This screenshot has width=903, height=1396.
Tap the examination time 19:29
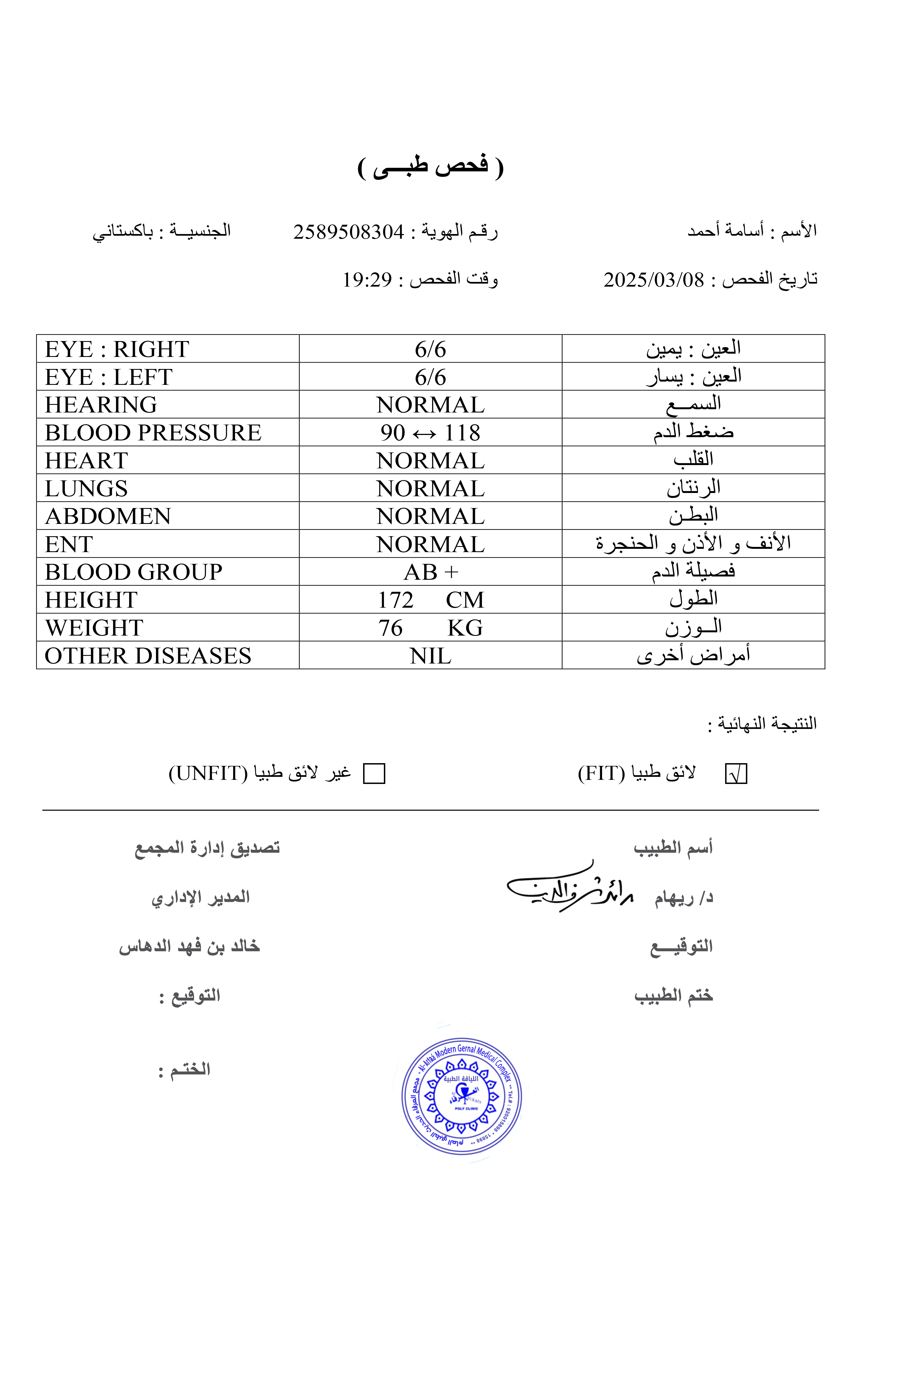tap(367, 280)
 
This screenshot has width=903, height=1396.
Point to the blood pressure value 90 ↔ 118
tap(430, 433)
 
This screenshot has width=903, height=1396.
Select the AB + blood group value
tap(430, 572)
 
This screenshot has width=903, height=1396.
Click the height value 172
tap(396, 600)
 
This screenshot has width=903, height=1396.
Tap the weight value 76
tap(390, 628)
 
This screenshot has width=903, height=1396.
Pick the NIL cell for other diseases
tap(430, 656)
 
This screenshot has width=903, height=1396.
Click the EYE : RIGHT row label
tap(117, 350)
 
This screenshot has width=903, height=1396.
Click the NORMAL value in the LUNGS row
tap(430, 489)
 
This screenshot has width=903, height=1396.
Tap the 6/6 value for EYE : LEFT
tap(430, 377)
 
